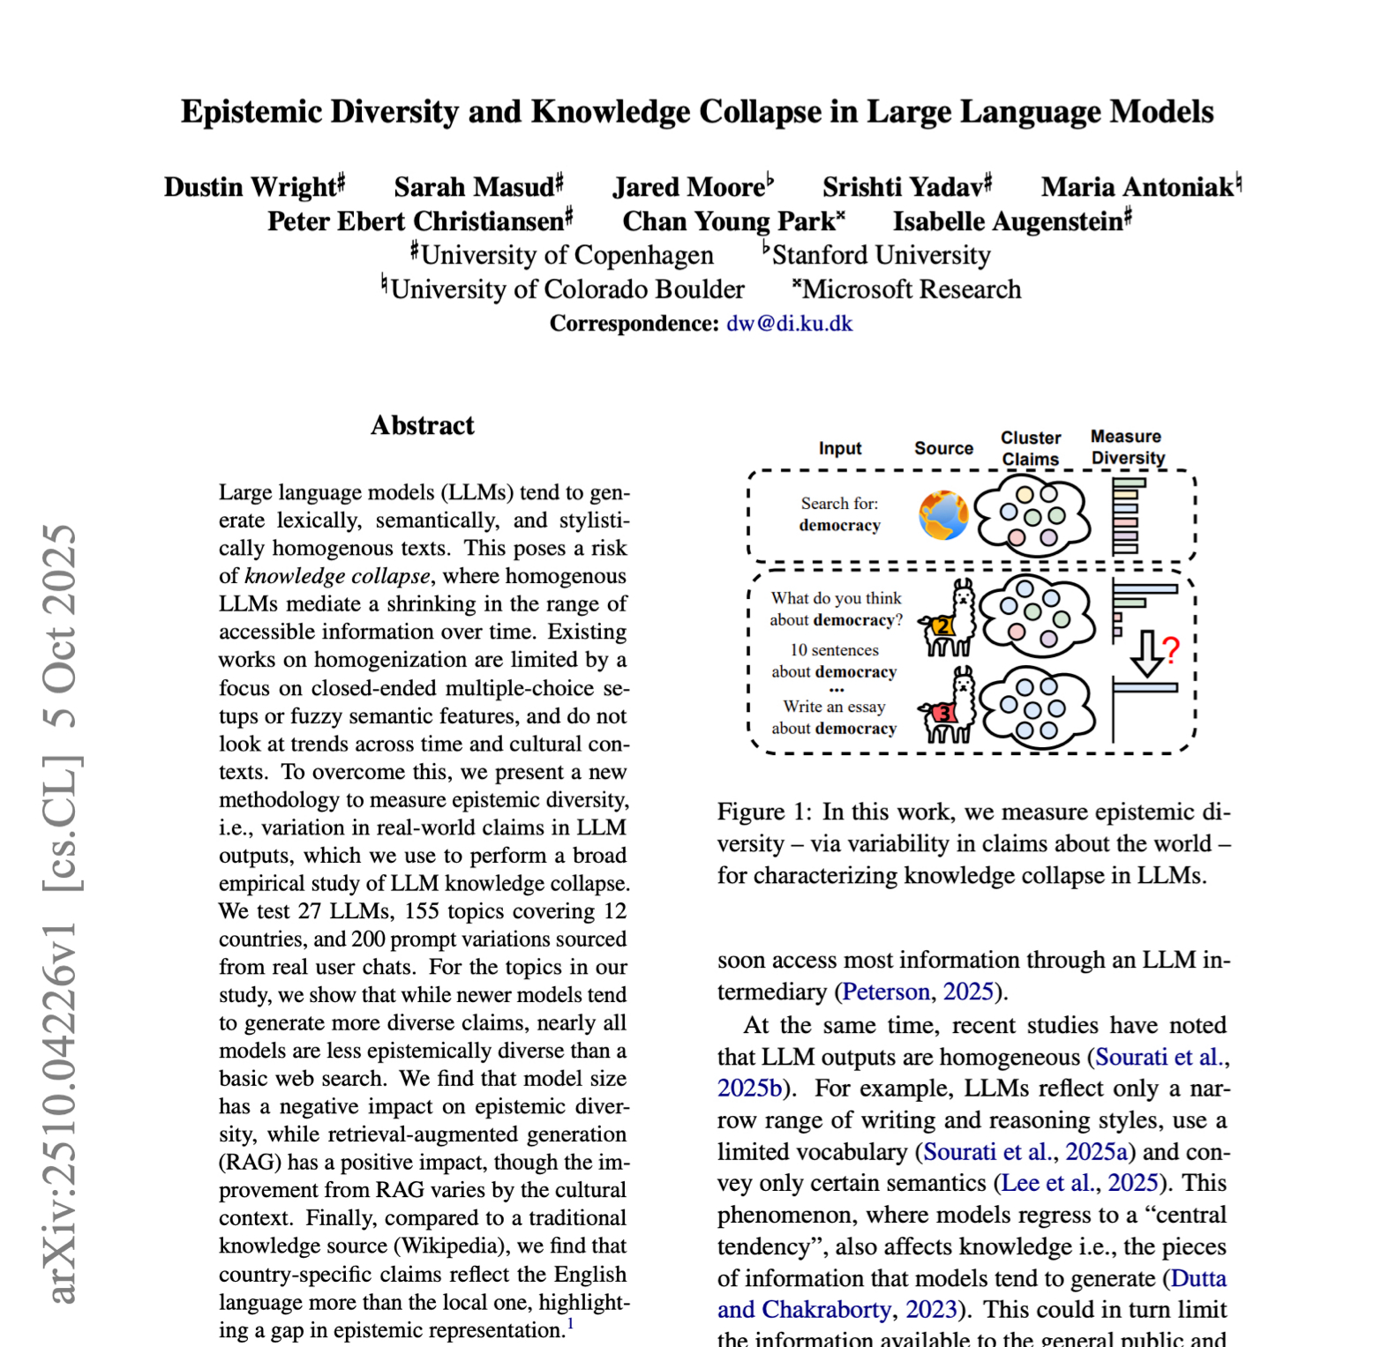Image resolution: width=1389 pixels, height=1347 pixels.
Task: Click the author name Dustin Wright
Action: point(251,187)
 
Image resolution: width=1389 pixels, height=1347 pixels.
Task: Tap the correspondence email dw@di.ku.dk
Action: point(789,324)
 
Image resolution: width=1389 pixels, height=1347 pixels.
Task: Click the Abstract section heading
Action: point(422,425)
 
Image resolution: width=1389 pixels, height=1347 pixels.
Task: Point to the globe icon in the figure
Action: point(942,516)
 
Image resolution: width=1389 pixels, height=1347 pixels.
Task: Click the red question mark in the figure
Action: point(1171,651)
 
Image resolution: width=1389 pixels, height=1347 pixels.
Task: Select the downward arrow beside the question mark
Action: point(1146,654)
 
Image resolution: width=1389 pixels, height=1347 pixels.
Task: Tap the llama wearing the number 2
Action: point(950,619)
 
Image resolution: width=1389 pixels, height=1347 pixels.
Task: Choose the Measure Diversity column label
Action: point(1127,447)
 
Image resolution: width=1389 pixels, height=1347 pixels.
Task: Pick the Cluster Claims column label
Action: point(1030,448)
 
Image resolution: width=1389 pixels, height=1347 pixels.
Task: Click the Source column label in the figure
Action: point(943,448)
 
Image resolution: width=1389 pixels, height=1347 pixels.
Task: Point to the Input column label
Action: point(839,448)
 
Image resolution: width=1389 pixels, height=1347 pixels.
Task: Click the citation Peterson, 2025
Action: point(918,992)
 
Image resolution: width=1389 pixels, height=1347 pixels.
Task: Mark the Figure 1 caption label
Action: point(763,812)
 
